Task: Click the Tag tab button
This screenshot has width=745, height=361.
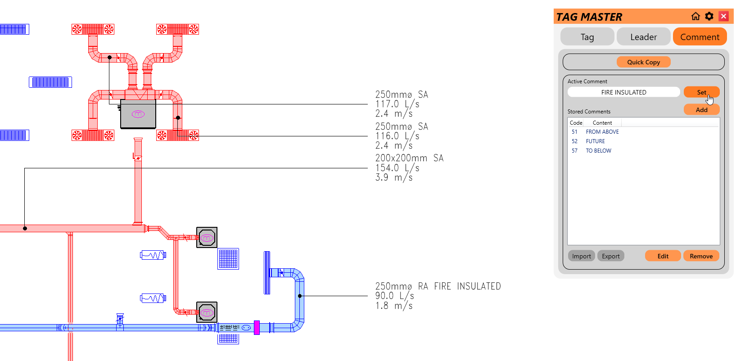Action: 587,37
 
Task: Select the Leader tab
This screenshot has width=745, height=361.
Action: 643,37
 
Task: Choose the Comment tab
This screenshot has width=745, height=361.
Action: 700,37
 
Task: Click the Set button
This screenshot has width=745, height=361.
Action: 701,92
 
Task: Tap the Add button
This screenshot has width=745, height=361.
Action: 701,110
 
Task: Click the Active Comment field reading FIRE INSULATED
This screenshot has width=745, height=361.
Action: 623,92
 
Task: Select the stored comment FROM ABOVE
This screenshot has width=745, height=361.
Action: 602,132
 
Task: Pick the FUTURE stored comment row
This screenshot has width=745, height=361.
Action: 595,141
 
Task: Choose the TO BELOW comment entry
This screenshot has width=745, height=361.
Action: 598,151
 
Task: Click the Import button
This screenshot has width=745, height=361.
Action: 581,256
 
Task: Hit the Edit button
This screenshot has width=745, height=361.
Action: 663,256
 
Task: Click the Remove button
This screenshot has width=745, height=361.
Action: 701,256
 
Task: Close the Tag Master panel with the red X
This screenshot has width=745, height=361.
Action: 723,17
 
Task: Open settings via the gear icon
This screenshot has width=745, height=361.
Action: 709,17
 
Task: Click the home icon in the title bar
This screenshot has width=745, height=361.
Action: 695,17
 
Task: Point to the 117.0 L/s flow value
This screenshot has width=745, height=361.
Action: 397,104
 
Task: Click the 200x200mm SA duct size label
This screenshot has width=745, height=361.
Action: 409,158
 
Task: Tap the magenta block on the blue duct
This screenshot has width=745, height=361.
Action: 257,327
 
